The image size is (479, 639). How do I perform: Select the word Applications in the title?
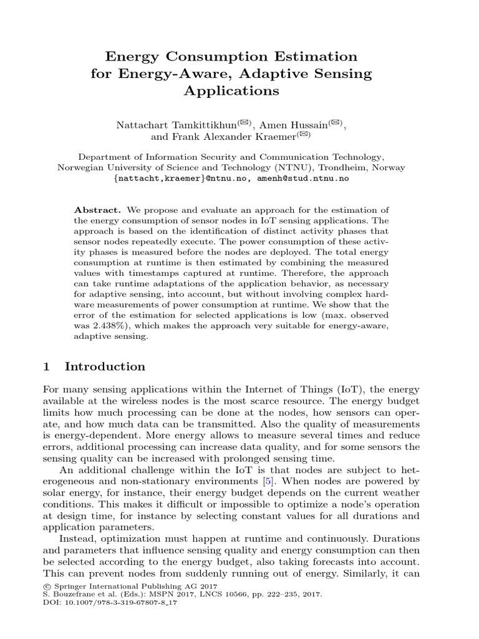(x=231, y=91)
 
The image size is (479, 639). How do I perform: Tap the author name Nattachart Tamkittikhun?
(x=168, y=125)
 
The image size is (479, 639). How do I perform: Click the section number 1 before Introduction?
(x=46, y=366)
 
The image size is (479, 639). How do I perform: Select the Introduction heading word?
(x=105, y=366)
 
